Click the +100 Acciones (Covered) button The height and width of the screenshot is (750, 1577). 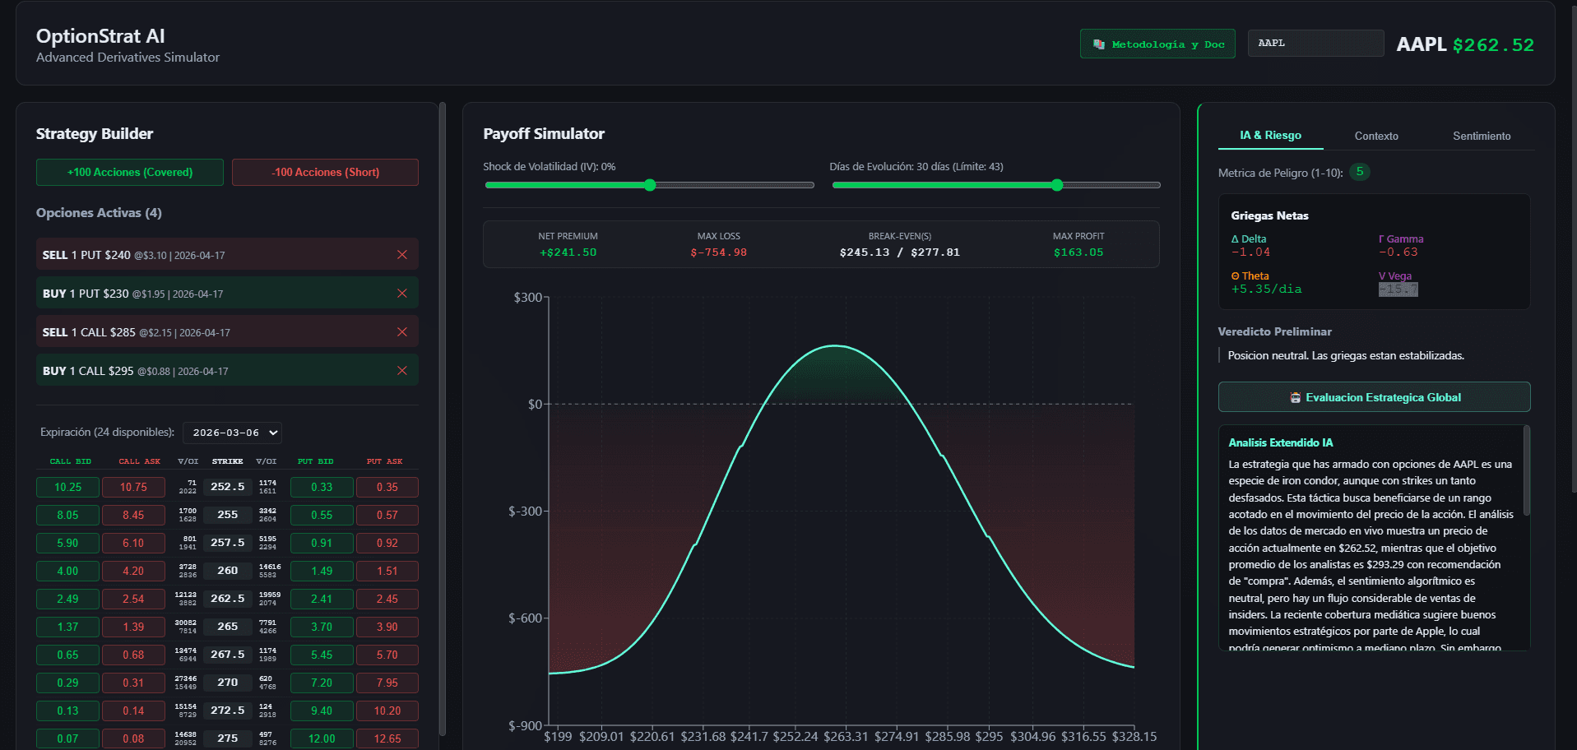[x=129, y=172]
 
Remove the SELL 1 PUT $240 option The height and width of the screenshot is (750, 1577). [x=402, y=255]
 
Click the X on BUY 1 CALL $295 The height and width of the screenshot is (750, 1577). [x=402, y=371]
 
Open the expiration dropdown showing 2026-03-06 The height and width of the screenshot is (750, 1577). [x=232, y=433]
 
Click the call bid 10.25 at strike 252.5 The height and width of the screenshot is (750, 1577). [x=67, y=488]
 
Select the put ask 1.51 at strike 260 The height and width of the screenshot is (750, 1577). [x=387, y=572]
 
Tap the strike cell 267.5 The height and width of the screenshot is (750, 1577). [x=227, y=655]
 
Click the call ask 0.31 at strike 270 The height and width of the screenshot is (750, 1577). [x=133, y=683]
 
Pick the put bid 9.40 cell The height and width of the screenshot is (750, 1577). [x=322, y=711]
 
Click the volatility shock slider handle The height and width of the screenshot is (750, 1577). [x=650, y=185]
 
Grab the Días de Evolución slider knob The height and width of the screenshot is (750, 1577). [x=1057, y=185]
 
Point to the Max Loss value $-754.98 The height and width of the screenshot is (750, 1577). [x=718, y=252]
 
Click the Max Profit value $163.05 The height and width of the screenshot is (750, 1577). [x=1078, y=252]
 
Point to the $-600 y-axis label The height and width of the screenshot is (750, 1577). [x=524, y=618]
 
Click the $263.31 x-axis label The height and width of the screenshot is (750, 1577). [x=846, y=737]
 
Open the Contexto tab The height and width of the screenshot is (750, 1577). [x=1375, y=136]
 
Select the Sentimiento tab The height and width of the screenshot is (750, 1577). [x=1481, y=136]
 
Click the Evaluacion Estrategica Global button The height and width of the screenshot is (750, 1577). [x=1374, y=397]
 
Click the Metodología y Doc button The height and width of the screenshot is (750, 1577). [x=1157, y=44]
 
